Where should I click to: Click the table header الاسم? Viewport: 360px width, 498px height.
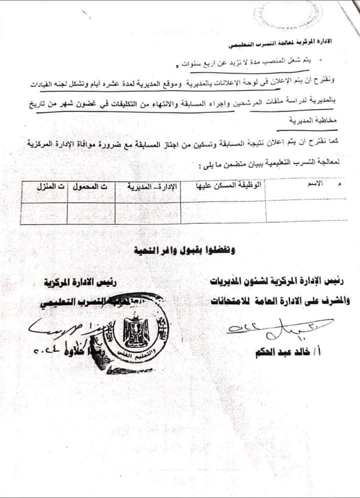[315, 185]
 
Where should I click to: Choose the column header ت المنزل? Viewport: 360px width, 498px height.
[46, 187]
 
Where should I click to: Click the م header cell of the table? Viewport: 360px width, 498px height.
[340, 185]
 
